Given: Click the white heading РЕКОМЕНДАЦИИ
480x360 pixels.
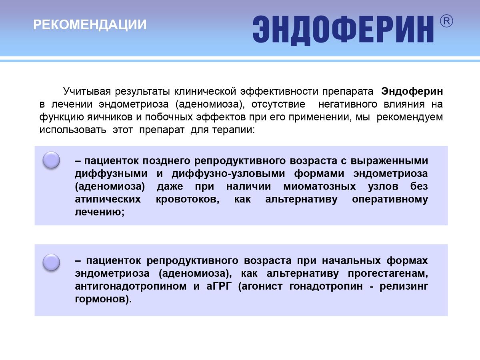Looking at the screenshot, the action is [x=90, y=24].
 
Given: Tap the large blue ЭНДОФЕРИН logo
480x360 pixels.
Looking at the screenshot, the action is [x=343, y=30].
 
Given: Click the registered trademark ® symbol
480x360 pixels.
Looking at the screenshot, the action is [x=446, y=21].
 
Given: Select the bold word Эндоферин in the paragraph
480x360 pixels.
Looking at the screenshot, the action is [x=412, y=91].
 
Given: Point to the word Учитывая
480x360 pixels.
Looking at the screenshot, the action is [x=87, y=91].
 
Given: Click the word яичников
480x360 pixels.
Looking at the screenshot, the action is [x=110, y=117].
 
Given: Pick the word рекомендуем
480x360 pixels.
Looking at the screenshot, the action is [x=410, y=117].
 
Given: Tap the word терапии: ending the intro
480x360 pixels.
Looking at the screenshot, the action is [x=233, y=130].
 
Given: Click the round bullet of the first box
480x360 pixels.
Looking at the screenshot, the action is [x=51, y=160].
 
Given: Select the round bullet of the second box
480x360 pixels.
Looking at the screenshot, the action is [x=51, y=262].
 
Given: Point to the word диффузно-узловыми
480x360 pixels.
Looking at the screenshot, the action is [x=228, y=174].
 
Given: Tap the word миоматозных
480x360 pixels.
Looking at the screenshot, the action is [x=320, y=186].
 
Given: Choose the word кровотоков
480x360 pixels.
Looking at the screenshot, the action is [x=188, y=199].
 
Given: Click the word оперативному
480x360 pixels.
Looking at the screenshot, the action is [x=390, y=199].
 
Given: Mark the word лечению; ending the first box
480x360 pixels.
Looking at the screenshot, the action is [x=100, y=212].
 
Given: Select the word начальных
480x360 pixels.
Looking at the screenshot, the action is [x=351, y=261].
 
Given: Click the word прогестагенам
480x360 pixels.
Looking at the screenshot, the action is [x=388, y=274].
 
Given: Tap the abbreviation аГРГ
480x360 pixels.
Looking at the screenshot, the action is [x=219, y=286].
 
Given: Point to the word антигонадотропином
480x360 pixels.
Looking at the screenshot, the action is [x=130, y=286].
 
